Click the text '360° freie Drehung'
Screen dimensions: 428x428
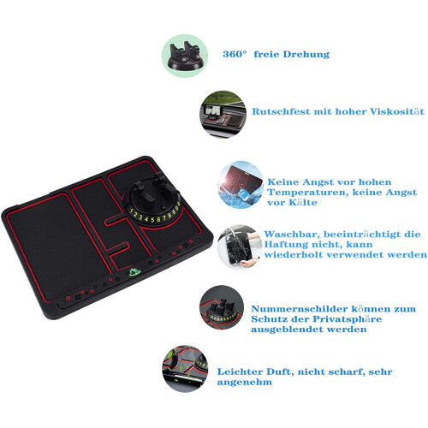click(276, 54)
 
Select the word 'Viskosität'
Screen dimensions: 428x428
click(397, 111)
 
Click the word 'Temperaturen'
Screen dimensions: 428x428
click(308, 193)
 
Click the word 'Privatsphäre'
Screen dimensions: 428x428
click(346, 319)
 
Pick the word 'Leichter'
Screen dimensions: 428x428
click(240, 372)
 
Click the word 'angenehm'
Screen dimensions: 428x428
click(245, 383)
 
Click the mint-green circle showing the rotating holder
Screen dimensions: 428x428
click(185, 56)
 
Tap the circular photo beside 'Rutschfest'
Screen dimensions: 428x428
click(223, 114)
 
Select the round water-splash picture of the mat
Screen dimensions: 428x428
click(241, 185)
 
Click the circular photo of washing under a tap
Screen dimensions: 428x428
click(240, 247)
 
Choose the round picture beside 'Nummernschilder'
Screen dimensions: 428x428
click(222, 307)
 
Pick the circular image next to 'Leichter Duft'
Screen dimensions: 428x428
click(185, 368)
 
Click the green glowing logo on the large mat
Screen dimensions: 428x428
click(133, 271)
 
